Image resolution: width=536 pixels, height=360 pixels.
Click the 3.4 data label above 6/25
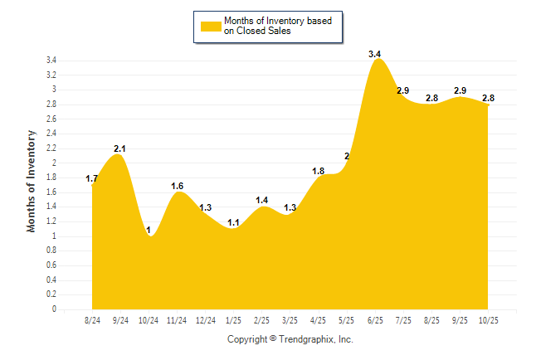[374, 54]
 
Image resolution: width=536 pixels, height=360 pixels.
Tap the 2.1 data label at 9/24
[119, 148]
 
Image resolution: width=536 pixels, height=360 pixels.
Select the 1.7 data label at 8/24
[92, 178]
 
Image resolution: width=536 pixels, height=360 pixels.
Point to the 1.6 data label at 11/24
[177, 186]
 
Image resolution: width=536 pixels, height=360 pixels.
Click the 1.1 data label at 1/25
[233, 222]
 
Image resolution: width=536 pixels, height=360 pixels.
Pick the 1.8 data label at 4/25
[318, 171]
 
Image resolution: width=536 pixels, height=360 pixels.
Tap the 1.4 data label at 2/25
[261, 200]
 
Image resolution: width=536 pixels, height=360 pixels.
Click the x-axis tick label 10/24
[149, 320]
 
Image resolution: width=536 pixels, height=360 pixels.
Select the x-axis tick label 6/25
[374, 320]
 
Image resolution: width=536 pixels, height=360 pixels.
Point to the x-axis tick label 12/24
[205, 320]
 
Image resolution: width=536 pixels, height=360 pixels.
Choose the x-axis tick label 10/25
[488, 320]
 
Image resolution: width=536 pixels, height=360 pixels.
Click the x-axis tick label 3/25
[290, 320]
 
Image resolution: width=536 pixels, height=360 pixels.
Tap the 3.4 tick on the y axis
[51, 61]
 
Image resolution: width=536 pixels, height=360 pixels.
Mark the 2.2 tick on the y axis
[51, 148]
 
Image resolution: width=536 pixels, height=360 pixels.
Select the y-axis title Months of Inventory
[32, 181]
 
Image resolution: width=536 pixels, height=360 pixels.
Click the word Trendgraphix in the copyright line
[307, 339]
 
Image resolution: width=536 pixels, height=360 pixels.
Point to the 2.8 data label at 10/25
[488, 98]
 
